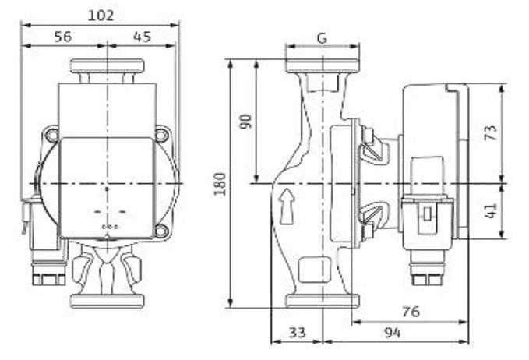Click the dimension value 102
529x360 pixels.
click(101, 16)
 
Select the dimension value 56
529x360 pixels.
click(63, 37)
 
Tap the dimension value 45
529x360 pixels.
click(142, 37)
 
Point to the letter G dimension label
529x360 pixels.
click(323, 37)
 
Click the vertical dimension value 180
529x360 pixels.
click(220, 184)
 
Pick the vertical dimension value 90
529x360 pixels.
click(245, 122)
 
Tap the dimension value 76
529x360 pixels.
click(411, 312)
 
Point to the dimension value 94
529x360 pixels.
click(393, 333)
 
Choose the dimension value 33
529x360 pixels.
click(298, 333)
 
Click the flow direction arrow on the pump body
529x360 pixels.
click(287, 206)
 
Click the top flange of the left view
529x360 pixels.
click(108, 66)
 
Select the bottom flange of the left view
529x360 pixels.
click(108, 301)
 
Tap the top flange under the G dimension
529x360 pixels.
click(323, 65)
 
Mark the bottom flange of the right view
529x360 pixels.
click(323, 301)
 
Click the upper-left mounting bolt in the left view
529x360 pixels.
click(52, 135)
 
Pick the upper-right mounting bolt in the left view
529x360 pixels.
click(161, 135)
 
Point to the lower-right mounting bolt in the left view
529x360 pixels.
click(160, 231)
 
